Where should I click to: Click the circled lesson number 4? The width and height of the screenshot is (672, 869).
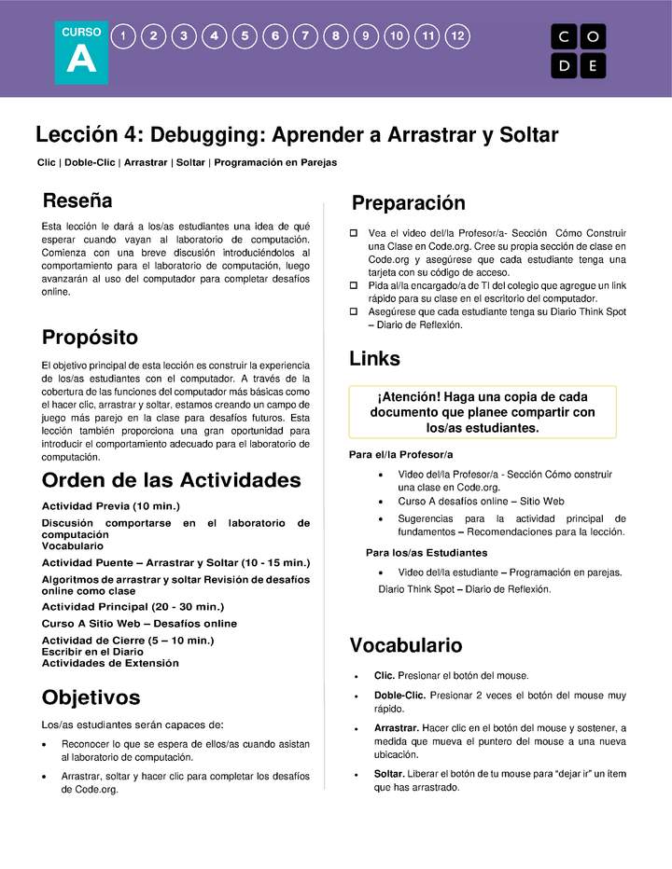click(215, 36)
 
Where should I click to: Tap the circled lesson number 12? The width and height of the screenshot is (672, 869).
click(457, 36)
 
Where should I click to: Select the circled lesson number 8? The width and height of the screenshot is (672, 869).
click(336, 36)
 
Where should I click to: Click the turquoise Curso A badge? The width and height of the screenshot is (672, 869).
click(81, 51)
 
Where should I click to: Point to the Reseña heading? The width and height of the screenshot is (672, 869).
click(77, 200)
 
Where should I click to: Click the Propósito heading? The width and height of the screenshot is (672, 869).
click(90, 337)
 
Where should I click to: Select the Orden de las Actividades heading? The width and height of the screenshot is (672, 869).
click(172, 480)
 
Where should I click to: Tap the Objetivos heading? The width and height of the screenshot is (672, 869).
click(91, 697)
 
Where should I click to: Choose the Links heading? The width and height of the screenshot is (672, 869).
click(374, 359)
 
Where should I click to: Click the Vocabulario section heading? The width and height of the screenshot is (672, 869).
click(405, 645)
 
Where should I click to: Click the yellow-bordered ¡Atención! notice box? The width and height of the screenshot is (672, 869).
click(482, 411)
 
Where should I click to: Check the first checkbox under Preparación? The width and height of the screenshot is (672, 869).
click(354, 233)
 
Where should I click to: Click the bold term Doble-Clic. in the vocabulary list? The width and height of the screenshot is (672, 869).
click(399, 696)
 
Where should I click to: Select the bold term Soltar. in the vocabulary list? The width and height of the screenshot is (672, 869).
click(389, 774)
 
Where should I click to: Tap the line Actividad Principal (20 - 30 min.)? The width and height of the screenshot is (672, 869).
click(133, 606)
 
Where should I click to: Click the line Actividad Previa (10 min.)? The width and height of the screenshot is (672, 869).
click(110, 505)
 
